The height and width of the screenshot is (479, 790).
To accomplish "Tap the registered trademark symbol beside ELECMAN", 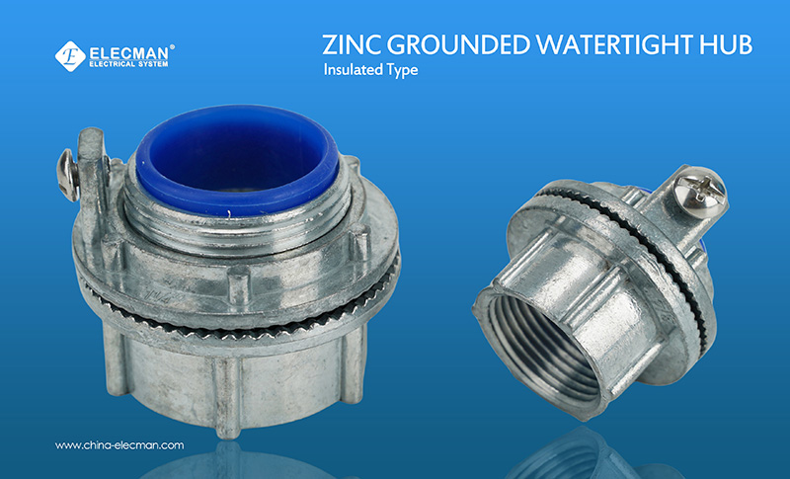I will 173,45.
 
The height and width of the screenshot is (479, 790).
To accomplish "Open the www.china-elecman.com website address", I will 119,445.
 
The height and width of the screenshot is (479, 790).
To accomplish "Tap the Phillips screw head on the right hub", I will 705,188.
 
